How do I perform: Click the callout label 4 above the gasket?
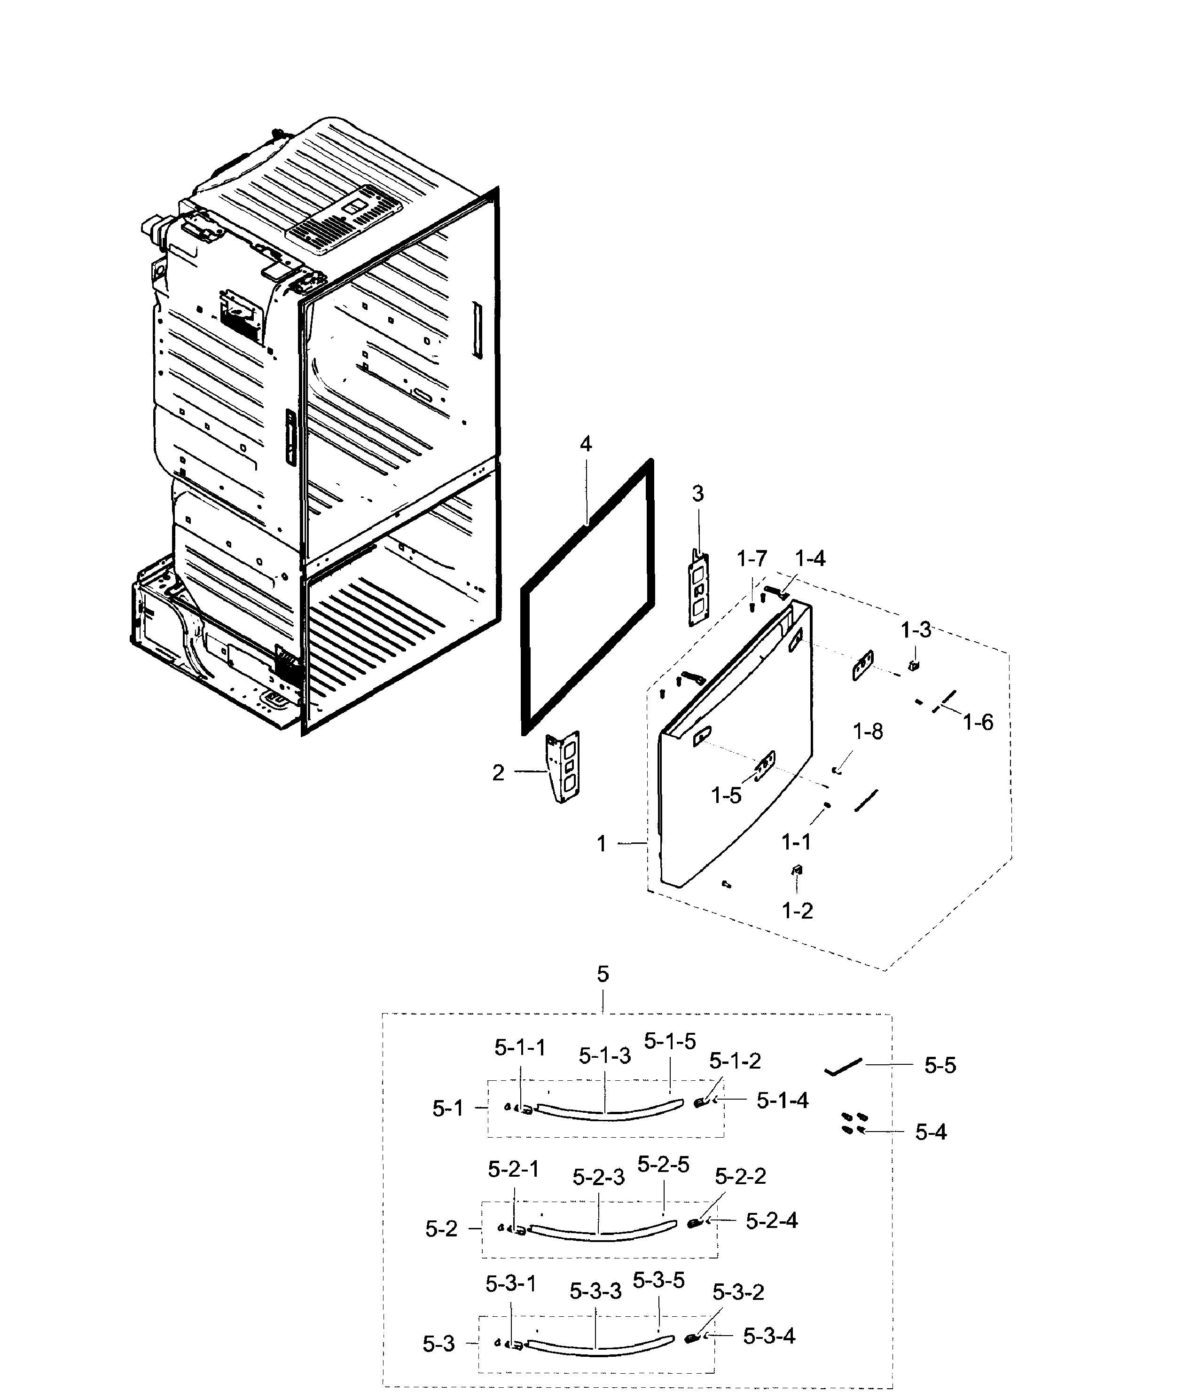(x=586, y=444)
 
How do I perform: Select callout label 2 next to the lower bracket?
(x=498, y=773)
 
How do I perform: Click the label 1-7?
(x=752, y=559)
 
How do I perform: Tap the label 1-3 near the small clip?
(x=916, y=630)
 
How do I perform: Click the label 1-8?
(x=868, y=732)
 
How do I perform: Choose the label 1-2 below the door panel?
(x=797, y=911)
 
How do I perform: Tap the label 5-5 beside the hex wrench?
(x=940, y=1066)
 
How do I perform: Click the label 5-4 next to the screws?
(x=931, y=1132)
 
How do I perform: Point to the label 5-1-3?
(x=604, y=1056)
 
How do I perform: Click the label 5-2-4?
(x=771, y=1220)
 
